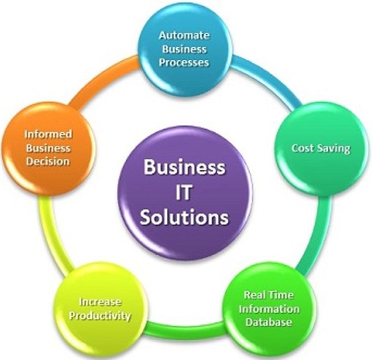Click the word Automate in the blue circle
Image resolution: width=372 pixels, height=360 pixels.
click(x=184, y=35)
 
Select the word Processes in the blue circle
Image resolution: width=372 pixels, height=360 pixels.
click(x=184, y=62)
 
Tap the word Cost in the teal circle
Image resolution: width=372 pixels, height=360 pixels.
click(x=302, y=148)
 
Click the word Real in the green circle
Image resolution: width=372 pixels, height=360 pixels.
click(x=254, y=295)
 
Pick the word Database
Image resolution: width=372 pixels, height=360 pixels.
click(x=269, y=322)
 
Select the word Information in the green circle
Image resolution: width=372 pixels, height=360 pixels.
click(x=269, y=308)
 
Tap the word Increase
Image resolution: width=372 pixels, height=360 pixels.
click(x=100, y=302)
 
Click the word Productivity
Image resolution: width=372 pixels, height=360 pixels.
click(x=100, y=316)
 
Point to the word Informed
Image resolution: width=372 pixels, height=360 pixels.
click(x=48, y=134)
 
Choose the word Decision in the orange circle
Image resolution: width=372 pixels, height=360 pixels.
click(x=48, y=161)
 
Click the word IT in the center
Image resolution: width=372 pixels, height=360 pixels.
click(x=184, y=192)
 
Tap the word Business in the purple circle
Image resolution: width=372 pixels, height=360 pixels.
click(x=184, y=167)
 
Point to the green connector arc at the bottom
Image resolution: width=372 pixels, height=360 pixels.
click(x=184, y=330)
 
